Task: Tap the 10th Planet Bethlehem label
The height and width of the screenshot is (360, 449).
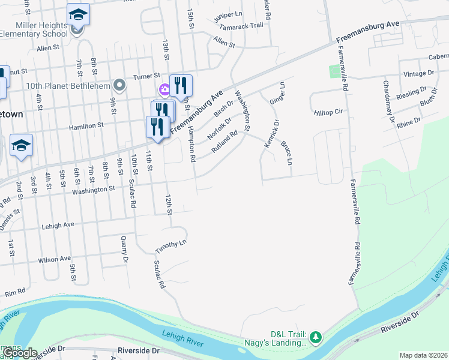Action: [x=68, y=85]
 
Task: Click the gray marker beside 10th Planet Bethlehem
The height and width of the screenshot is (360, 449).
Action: [x=119, y=85]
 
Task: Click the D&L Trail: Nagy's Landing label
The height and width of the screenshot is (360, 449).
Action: [x=288, y=338]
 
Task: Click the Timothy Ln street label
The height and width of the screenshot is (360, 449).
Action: [x=171, y=245]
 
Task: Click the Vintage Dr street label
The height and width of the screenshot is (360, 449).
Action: [x=419, y=74]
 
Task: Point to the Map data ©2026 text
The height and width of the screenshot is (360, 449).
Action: [x=423, y=355]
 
